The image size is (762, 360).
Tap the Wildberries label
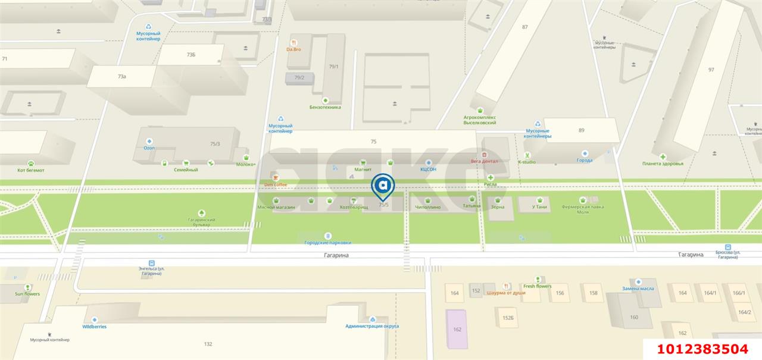tap(94, 327)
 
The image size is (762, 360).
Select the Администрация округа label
tap(372, 325)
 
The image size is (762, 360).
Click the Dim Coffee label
tap(276, 184)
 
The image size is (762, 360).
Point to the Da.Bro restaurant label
tap(293, 49)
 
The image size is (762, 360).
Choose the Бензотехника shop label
tap(325, 107)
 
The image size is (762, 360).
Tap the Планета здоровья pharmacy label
tap(663, 164)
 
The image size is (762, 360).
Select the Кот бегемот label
tap(30, 170)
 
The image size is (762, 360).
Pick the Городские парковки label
tap(327, 242)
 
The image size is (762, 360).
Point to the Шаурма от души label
tap(506, 293)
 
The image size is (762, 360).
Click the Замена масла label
tap(638, 288)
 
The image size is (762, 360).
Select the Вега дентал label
tap(484, 161)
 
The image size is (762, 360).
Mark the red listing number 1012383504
tap(702, 349)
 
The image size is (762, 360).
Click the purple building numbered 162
tap(457, 329)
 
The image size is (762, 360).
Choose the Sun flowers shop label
tap(27, 293)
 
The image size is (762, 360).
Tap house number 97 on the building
tap(711, 70)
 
